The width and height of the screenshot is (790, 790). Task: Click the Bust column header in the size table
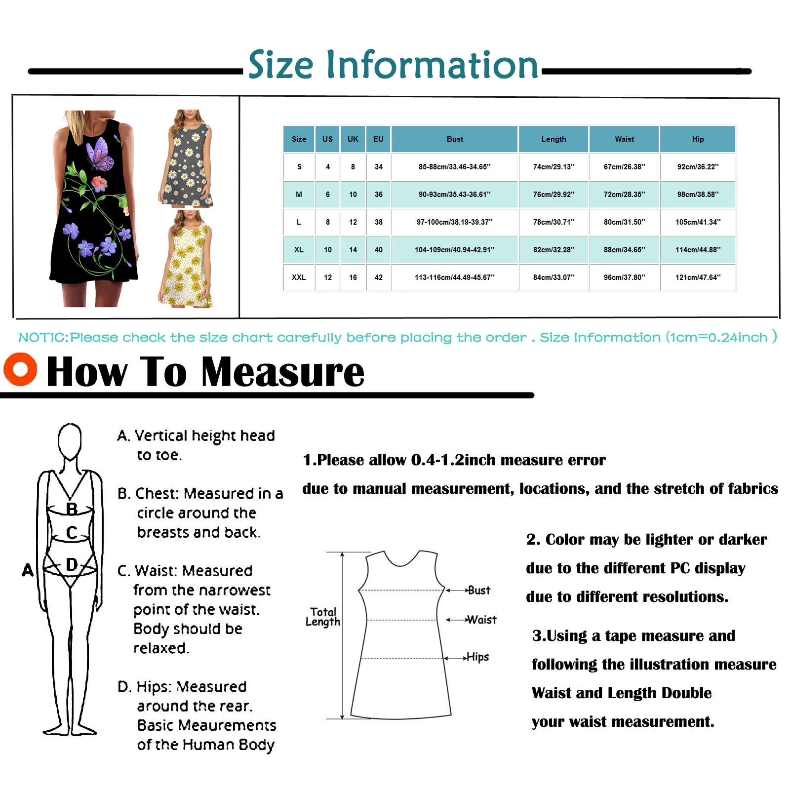[x=455, y=139]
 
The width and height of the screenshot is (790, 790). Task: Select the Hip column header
[x=698, y=139]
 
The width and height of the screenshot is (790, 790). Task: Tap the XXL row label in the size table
[x=299, y=277]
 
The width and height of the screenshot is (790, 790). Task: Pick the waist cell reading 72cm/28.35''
[x=624, y=195]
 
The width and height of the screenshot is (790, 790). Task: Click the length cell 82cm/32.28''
[x=553, y=250]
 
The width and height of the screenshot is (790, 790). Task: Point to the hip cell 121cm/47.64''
[x=698, y=277]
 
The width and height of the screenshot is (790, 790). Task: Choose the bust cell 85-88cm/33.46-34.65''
[x=455, y=167]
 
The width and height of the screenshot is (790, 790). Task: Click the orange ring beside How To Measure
[x=20, y=369]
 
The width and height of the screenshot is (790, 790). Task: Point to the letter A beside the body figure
[x=28, y=570]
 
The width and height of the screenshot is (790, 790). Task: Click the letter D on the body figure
[x=72, y=564]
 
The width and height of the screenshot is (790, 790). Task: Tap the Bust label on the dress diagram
[x=479, y=590]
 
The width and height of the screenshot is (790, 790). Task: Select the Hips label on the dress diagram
[x=477, y=657]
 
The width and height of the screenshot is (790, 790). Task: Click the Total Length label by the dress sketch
[x=323, y=617]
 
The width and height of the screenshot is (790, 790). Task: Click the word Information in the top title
[x=432, y=65]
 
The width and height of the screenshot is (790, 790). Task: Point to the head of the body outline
[x=70, y=439]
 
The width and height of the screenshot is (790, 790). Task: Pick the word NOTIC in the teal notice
[x=43, y=338]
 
